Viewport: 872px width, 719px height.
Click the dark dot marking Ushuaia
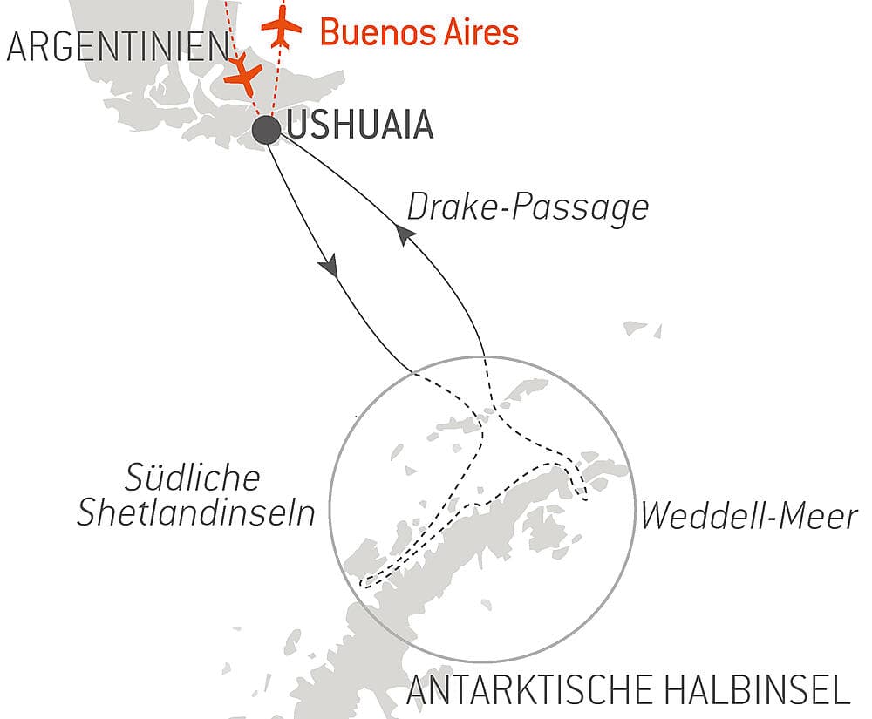point(266,131)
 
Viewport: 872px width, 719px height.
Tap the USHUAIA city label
point(359,126)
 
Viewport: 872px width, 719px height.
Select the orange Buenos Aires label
point(419,32)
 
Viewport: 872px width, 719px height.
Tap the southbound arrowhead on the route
point(329,266)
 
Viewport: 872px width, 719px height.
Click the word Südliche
point(193,478)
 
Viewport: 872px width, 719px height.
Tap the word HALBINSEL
point(763,692)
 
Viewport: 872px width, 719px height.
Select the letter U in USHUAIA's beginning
point(296,126)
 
